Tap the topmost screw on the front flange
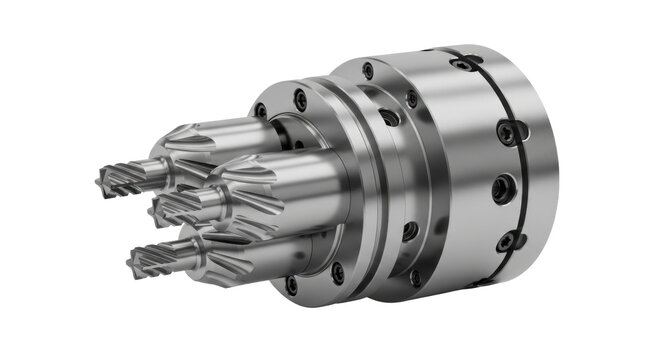click(x=299, y=98)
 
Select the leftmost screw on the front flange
click(x=262, y=111)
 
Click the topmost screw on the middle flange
click(x=368, y=70)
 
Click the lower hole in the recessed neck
click(x=410, y=231)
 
